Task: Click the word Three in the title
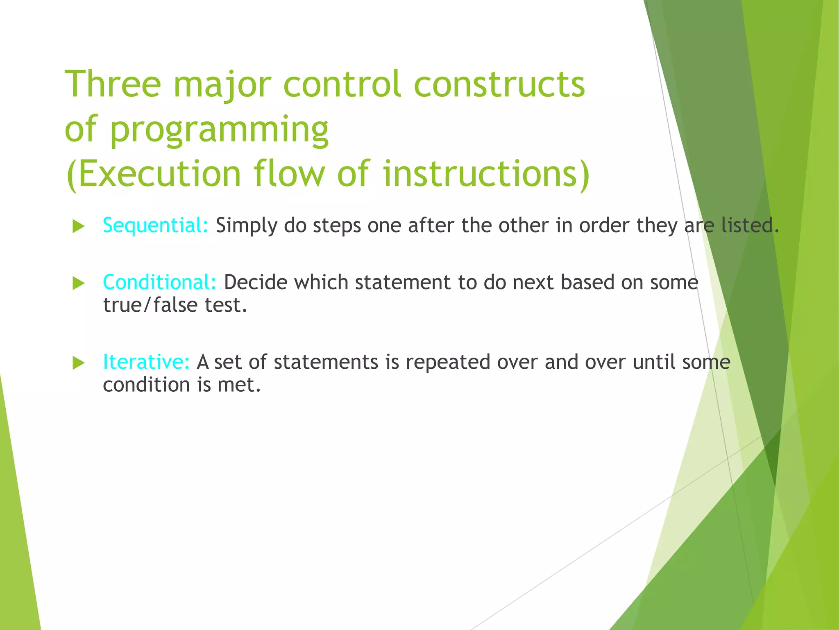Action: [113, 84]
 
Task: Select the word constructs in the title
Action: [499, 84]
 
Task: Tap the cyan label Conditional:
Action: [159, 283]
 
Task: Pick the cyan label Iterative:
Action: [146, 362]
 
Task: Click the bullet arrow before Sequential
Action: [78, 226]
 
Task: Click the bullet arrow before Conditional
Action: [78, 283]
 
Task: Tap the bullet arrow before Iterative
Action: [78, 363]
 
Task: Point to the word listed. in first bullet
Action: [750, 225]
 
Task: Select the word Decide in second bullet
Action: [256, 283]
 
